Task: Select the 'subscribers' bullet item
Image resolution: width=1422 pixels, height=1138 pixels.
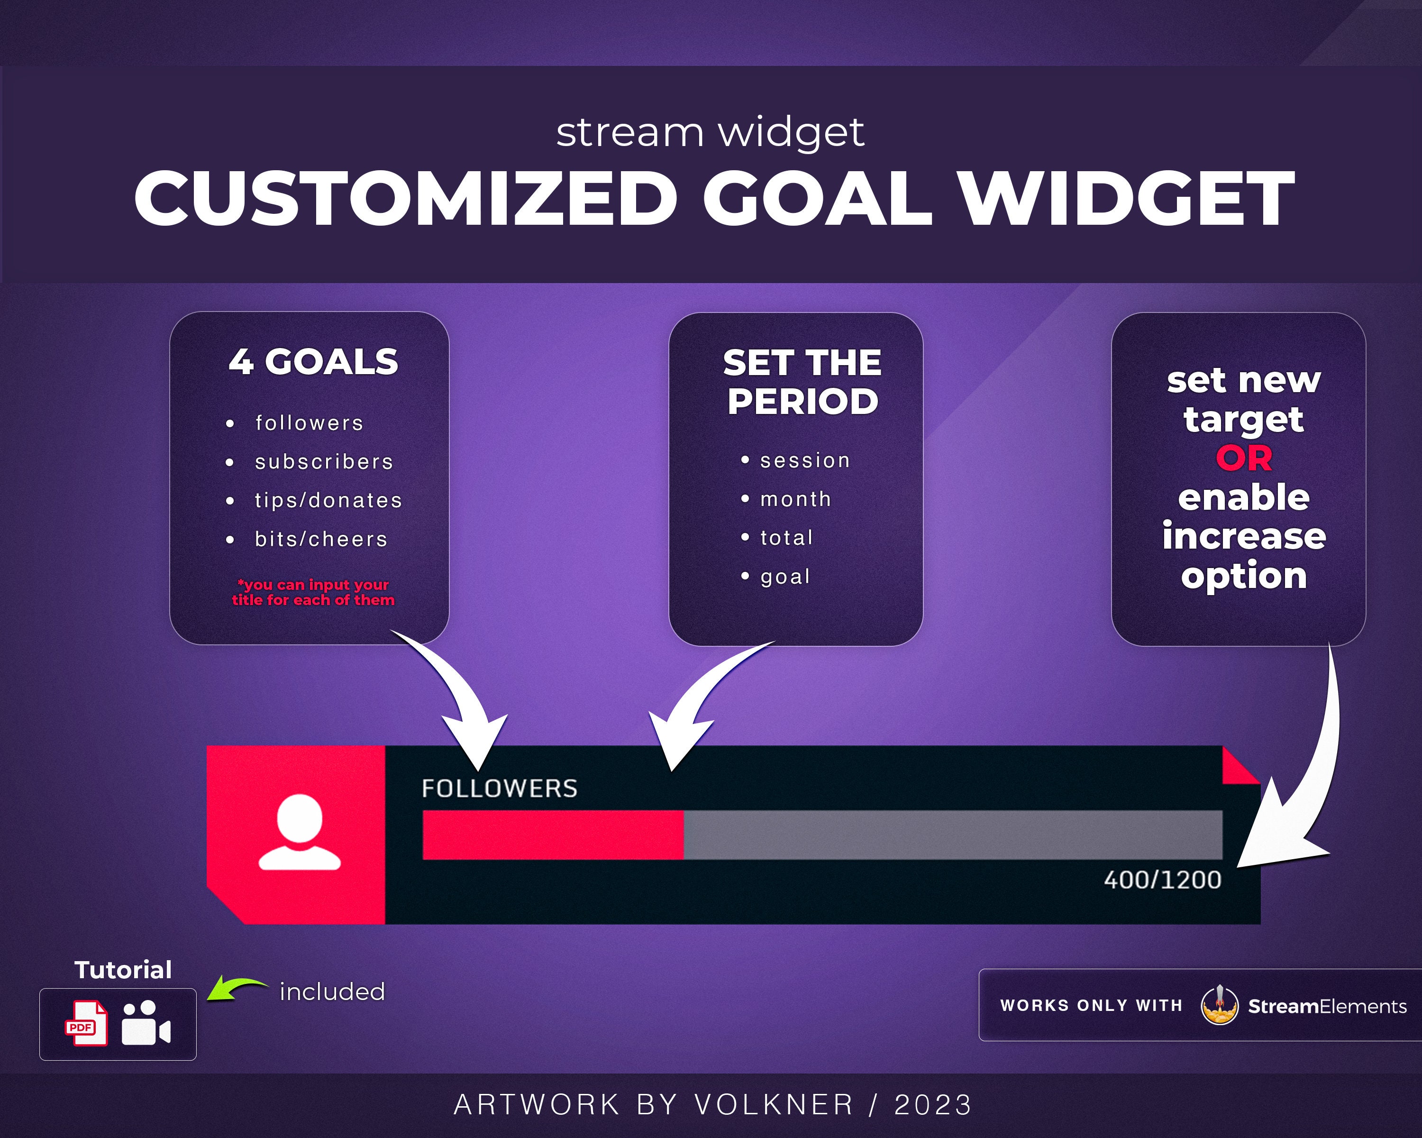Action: [324, 462]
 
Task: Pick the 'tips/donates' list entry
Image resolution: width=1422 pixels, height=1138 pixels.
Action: [328, 501]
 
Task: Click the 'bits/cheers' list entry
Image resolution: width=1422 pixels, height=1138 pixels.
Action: [321, 540]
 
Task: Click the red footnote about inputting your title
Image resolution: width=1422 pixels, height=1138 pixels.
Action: [313, 592]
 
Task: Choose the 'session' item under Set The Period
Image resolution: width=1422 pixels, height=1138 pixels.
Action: [805, 460]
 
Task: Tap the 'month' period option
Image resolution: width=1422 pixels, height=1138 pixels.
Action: [795, 499]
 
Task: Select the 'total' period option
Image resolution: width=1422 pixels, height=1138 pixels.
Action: [786, 538]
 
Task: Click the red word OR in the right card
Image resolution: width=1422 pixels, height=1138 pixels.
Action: [1244, 459]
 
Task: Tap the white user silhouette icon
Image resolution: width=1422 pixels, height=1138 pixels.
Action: [300, 833]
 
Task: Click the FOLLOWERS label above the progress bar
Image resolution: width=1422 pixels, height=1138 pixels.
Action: [499, 789]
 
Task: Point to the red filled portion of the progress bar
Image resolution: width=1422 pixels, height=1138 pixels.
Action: [553, 835]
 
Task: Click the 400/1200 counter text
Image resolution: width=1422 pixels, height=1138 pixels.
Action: [1162, 880]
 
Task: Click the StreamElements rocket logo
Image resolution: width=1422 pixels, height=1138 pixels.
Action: [1219, 1005]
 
